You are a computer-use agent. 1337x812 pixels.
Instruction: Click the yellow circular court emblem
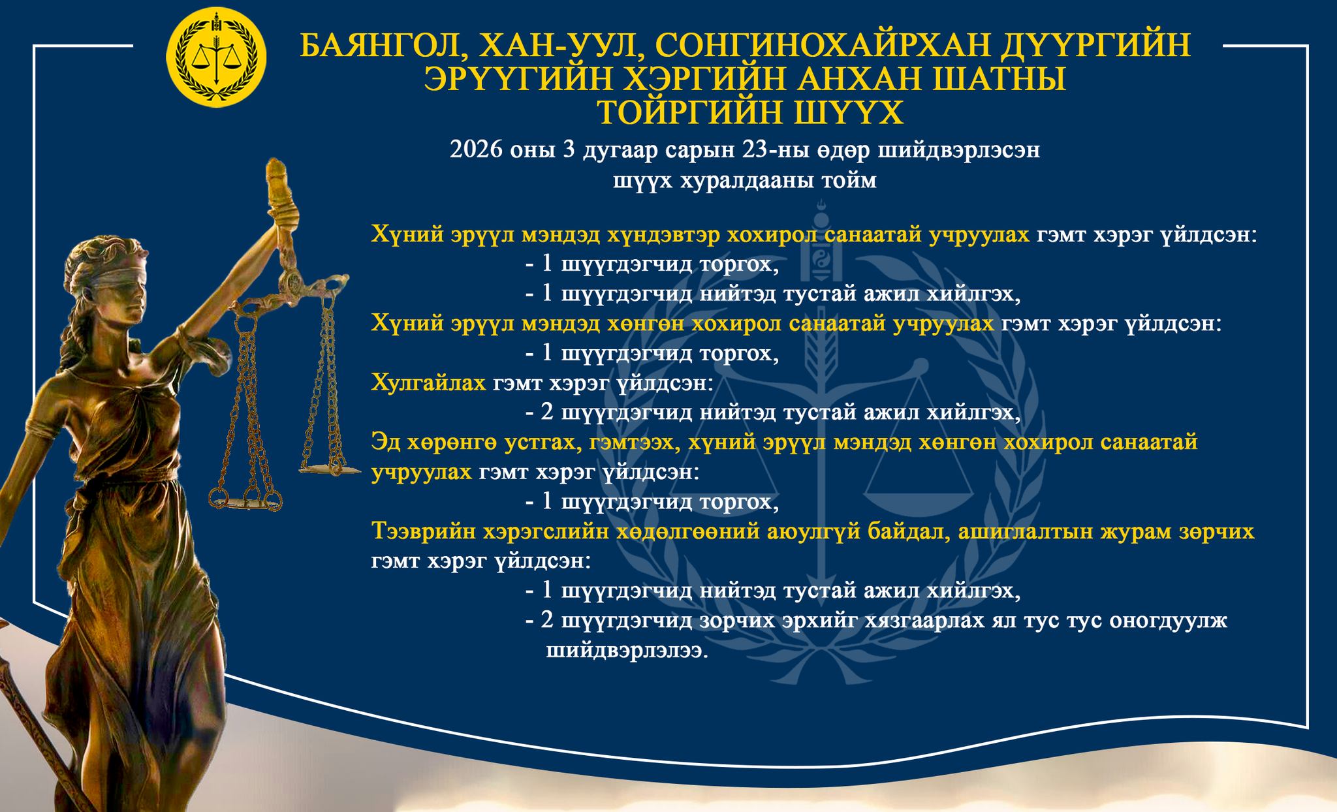(217, 57)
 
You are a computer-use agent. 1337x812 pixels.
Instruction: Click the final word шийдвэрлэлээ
(627, 651)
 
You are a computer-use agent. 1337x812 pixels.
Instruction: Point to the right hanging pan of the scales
(330, 468)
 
